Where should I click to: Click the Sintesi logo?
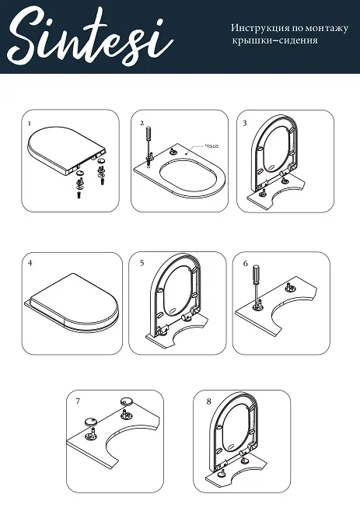(x=89, y=37)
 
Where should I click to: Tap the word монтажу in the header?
(x=327, y=29)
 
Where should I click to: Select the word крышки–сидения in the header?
(x=274, y=40)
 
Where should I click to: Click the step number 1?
(x=30, y=124)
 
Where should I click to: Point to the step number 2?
(x=142, y=123)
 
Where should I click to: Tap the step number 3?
(x=245, y=123)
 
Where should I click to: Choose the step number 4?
(x=30, y=263)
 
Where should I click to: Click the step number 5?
(x=142, y=263)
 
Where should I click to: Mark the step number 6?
(x=246, y=264)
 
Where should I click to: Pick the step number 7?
(x=78, y=401)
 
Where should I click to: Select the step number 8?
(x=209, y=401)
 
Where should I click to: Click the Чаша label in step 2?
(x=211, y=145)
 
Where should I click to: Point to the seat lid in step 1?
(x=66, y=149)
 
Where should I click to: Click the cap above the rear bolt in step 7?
(x=127, y=401)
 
